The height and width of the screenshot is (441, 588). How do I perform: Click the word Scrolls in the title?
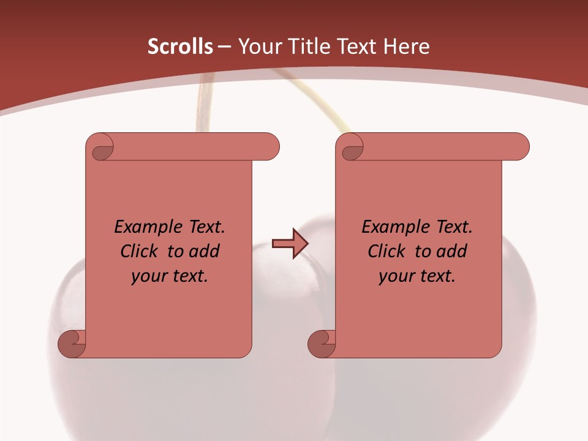click(x=180, y=47)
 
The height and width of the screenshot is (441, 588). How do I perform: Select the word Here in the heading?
click(x=406, y=47)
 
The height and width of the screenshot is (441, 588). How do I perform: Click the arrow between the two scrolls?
click(x=289, y=244)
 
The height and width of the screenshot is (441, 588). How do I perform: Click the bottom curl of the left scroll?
click(x=71, y=343)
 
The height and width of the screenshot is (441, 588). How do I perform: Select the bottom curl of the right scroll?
click(x=321, y=343)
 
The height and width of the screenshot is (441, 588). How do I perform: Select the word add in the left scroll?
click(x=205, y=251)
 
